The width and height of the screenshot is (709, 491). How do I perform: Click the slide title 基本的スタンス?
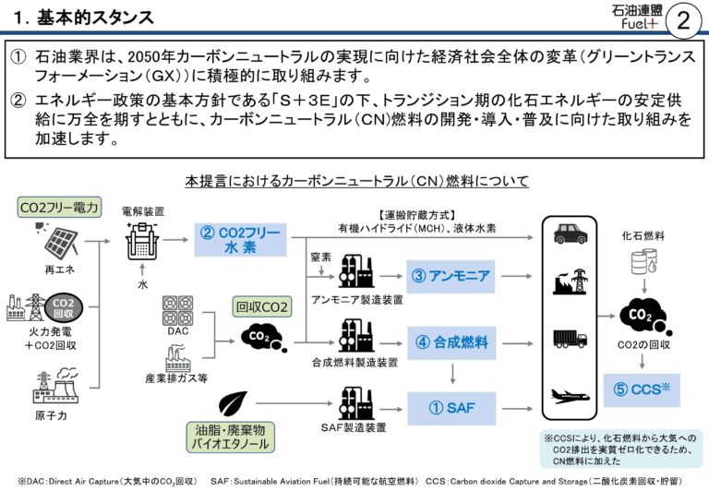click(x=88, y=18)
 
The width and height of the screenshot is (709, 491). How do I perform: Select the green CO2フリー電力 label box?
click(x=60, y=208)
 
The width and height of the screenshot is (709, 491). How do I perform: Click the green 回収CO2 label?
click(x=263, y=307)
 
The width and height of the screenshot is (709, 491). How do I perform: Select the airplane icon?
click(x=570, y=397)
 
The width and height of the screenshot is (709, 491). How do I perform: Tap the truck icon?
click(x=570, y=338)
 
